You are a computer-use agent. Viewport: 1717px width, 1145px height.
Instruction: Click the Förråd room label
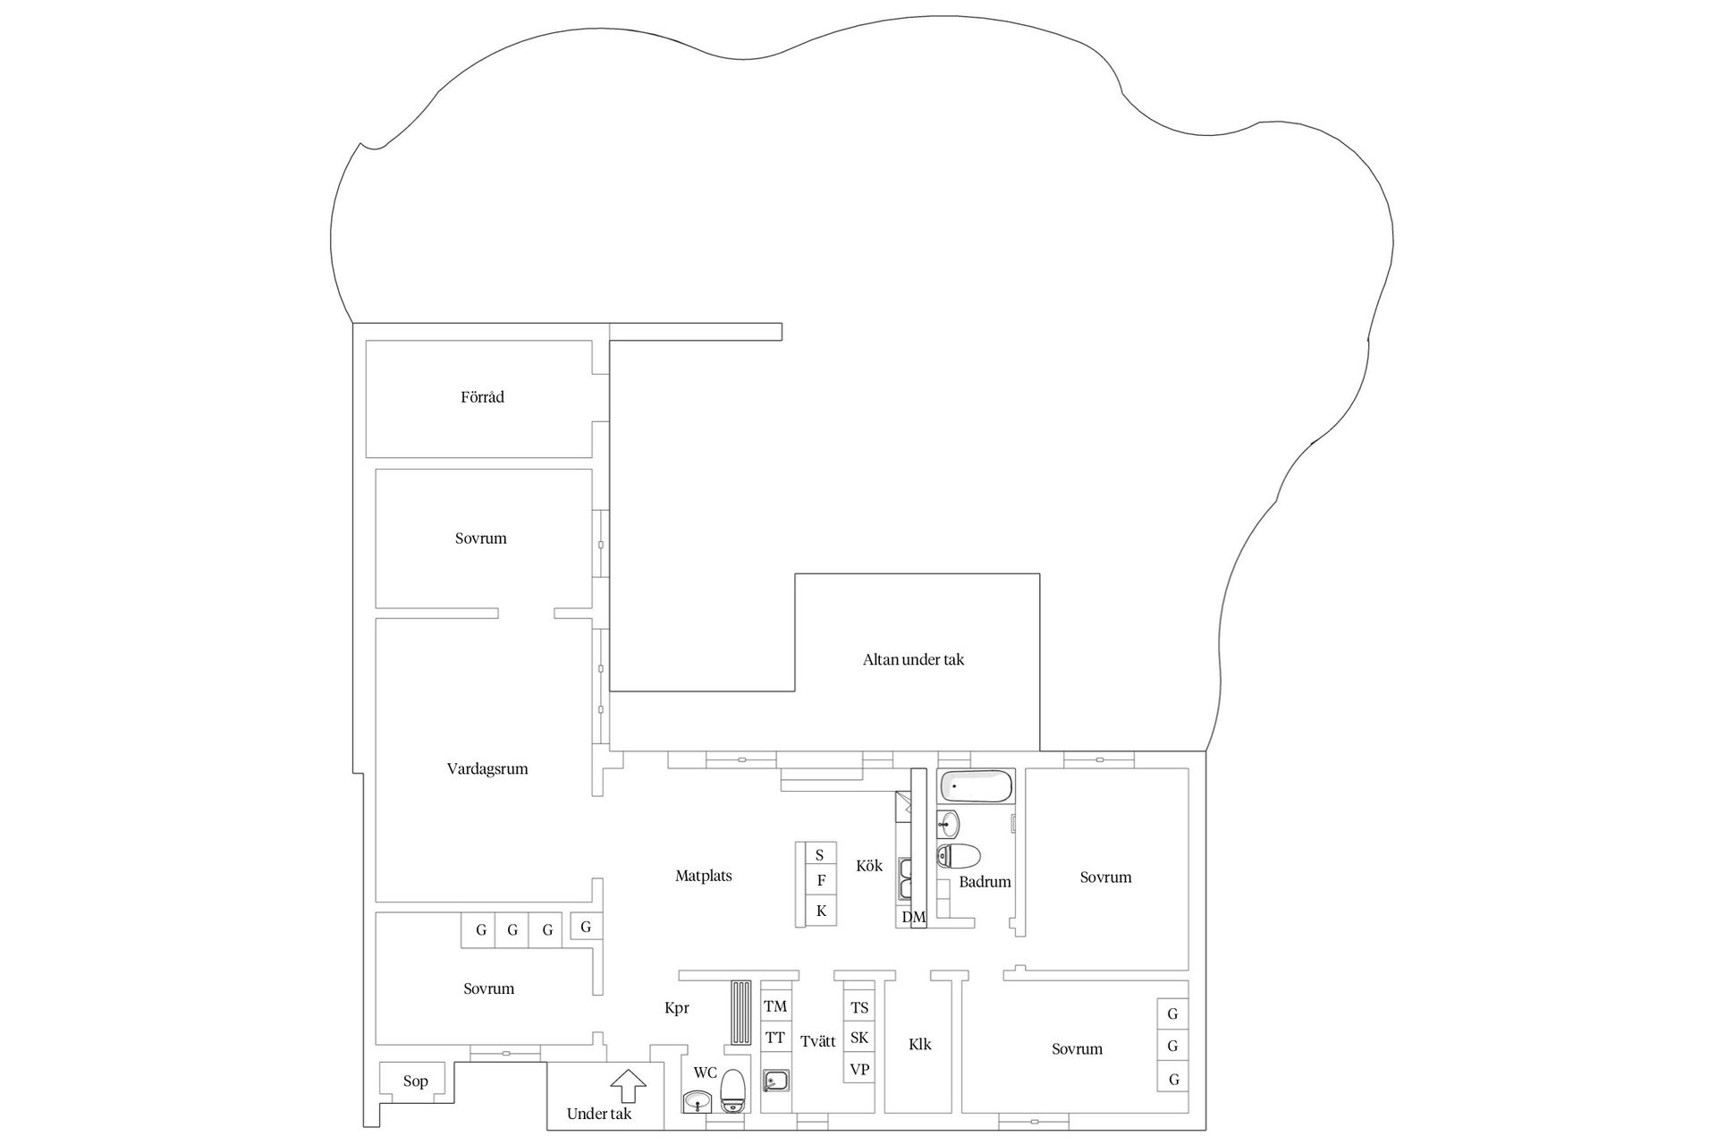click(x=482, y=397)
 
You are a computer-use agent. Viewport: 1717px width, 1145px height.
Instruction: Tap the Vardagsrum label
click(x=487, y=769)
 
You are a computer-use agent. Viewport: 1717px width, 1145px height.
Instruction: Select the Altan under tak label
click(x=913, y=660)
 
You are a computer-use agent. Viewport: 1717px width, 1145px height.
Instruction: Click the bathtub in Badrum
click(x=976, y=787)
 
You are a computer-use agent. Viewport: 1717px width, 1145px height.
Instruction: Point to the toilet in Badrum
click(x=958, y=856)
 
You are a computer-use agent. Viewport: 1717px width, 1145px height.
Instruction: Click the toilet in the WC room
click(x=733, y=1090)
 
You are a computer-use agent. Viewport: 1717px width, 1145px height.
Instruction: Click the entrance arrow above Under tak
click(x=628, y=1085)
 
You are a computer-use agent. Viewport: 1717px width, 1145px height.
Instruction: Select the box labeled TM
click(x=775, y=1006)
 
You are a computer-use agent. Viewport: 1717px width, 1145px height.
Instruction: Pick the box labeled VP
click(x=859, y=1069)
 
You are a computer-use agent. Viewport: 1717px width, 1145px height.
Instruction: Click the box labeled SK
click(x=859, y=1038)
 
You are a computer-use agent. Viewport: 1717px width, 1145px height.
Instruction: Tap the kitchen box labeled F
click(x=821, y=881)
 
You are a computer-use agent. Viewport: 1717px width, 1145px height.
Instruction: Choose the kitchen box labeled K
click(x=821, y=912)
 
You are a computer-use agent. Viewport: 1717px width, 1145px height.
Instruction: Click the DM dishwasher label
click(x=913, y=917)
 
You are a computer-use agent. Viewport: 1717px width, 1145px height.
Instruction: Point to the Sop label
click(x=415, y=1081)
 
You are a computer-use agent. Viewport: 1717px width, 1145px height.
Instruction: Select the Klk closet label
click(x=919, y=1045)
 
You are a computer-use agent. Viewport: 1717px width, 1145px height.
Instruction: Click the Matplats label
click(x=703, y=877)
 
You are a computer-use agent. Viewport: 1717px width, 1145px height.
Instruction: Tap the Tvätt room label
click(x=817, y=1042)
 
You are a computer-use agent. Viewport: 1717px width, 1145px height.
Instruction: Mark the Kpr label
click(x=676, y=1008)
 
